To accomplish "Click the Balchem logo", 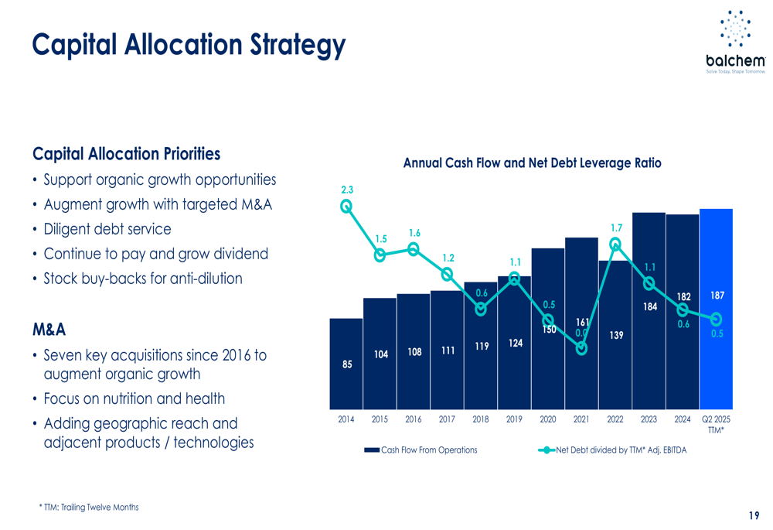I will click(x=735, y=42).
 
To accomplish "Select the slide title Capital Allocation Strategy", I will click(x=189, y=44).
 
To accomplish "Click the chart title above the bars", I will click(x=532, y=163).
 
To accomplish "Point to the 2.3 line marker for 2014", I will click(x=346, y=206).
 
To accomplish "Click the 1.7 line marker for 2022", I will click(x=615, y=244).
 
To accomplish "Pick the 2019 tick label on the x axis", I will click(x=514, y=419).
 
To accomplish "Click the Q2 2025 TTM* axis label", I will click(x=716, y=424).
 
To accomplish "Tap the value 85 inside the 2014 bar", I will click(x=347, y=364).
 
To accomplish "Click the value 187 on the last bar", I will click(x=717, y=296).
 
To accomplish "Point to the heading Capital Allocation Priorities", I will click(x=126, y=154).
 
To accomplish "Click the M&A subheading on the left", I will click(x=49, y=330).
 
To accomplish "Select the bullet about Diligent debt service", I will click(x=107, y=229).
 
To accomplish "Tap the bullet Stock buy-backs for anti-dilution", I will click(x=143, y=279).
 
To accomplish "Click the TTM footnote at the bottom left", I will click(x=89, y=508).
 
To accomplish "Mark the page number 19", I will click(x=754, y=516).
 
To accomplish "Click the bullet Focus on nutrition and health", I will click(x=135, y=399).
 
